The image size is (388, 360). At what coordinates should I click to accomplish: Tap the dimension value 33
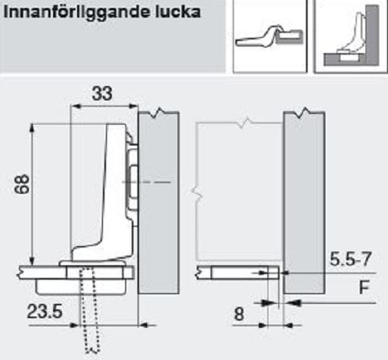click(102, 93)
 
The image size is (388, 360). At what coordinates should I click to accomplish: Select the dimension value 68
click(22, 184)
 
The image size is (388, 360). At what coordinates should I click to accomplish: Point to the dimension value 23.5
click(44, 311)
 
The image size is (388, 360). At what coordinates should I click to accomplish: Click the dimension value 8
click(239, 314)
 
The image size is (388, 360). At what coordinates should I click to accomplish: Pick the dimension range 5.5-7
click(350, 259)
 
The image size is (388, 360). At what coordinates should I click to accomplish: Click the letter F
click(364, 287)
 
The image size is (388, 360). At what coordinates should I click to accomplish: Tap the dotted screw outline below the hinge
click(90, 309)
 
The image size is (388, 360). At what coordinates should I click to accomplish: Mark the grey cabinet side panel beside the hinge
click(158, 202)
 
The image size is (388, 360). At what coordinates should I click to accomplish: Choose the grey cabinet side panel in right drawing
click(304, 202)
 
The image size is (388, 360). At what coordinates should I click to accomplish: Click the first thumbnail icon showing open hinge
click(270, 36)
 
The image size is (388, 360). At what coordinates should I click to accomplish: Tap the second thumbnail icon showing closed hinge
click(351, 36)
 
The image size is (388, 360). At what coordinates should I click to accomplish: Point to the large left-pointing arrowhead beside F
click(292, 303)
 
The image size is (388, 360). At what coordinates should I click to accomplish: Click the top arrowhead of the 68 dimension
click(31, 128)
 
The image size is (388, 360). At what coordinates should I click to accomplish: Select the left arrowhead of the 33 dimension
click(75, 106)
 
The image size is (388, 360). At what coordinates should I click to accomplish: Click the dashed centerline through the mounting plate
click(146, 182)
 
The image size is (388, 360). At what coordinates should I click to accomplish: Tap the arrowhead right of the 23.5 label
click(74, 325)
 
